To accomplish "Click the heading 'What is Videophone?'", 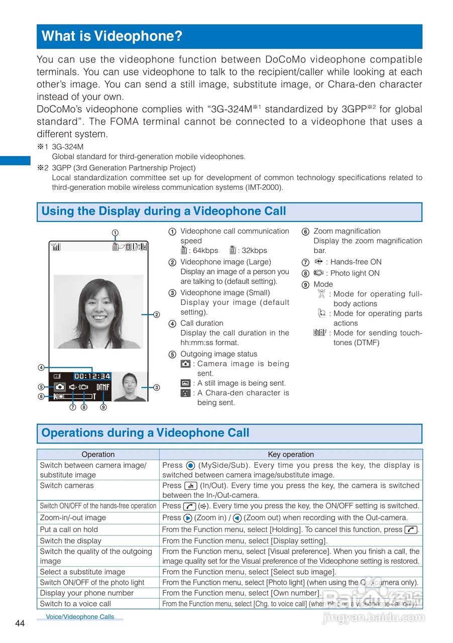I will [x=111, y=36].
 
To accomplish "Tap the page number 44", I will [x=20, y=623].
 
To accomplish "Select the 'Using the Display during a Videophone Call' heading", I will [x=164, y=211].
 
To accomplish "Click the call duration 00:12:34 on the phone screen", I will [x=92, y=376].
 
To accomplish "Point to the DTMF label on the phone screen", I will [x=103, y=387].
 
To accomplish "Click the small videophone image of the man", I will [x=130, y=386].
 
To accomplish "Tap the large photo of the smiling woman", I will [x=98, y=311].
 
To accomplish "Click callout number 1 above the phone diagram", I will [x=115, y=233].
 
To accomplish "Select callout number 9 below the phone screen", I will [x=103, y=407].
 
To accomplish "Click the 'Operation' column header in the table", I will [x=98, y=454].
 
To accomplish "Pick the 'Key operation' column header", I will [x=291, y=454].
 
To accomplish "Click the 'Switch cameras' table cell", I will [x=67, y=485].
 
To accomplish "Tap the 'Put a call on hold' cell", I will [x=69, y=529].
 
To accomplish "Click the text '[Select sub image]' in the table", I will [x=303, y=572].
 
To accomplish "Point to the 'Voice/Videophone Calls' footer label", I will [x=80, y=617].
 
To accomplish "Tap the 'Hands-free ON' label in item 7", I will [x=356, y=262].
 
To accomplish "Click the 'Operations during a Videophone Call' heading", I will [x=145, y=433].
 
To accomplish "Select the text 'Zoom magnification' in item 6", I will [x=347, y=231].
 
